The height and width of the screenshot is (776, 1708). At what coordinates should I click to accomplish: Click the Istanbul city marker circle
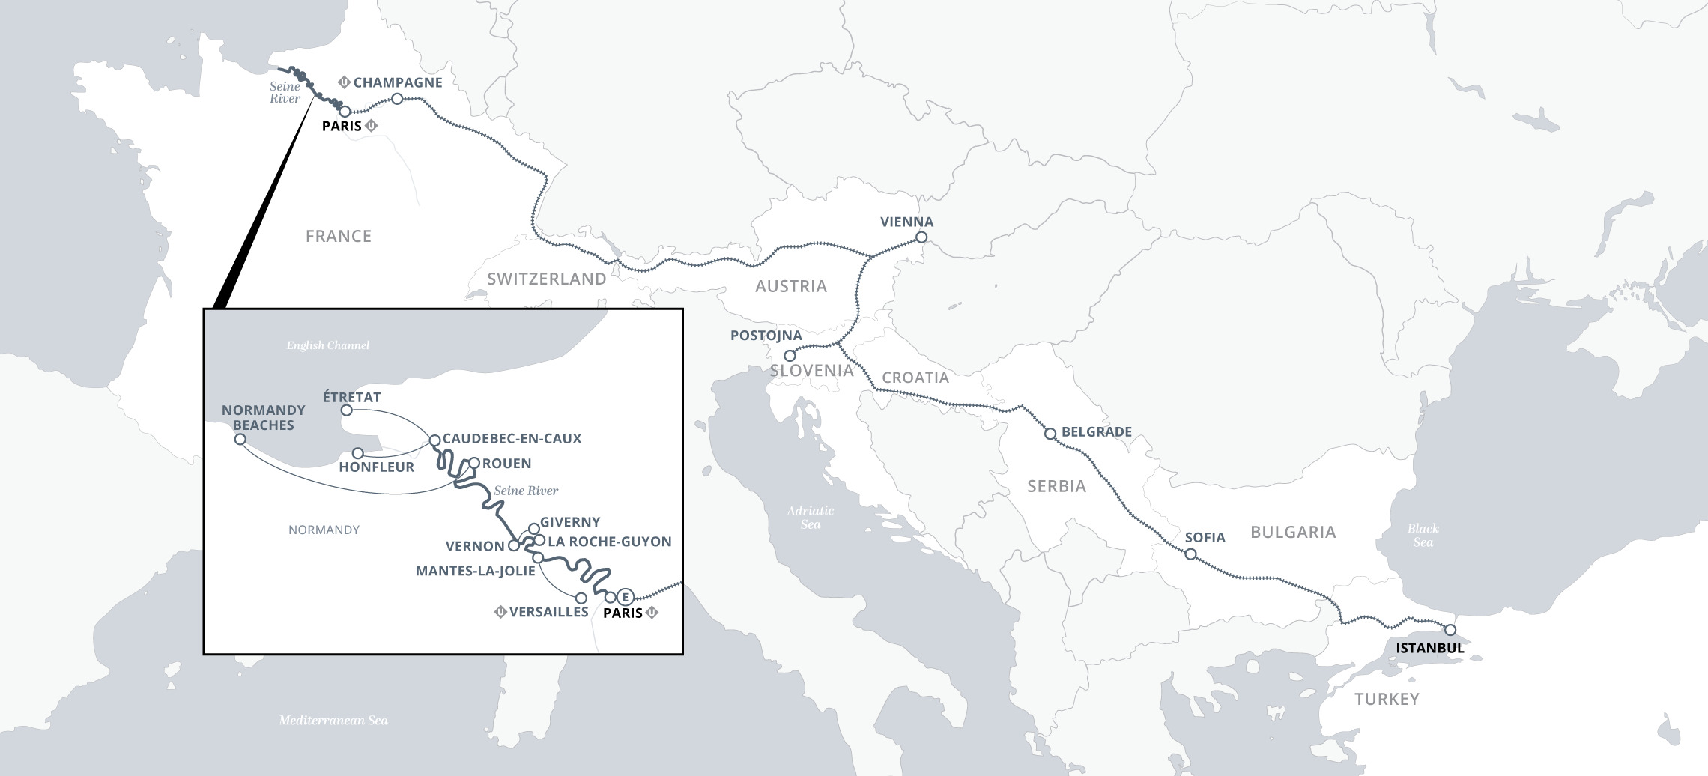click(x=1450, y=630)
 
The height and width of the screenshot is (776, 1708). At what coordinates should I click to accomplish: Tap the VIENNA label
click(x=906, y=222)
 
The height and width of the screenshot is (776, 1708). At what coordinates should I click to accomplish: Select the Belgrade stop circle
click(x=1050, y=434)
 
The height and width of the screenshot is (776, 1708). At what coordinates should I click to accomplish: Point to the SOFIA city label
click(x=1205, y=537)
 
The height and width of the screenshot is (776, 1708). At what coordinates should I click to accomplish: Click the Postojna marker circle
click(x=790, y=356)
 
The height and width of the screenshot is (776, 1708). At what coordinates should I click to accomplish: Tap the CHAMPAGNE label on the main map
click(x=398, y=82)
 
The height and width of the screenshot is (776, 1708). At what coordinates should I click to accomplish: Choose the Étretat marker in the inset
click(x=346, y=410)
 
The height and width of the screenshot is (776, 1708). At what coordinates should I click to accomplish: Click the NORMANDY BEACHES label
click(x=264, y=417)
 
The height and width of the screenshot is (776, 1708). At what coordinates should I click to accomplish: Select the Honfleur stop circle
click(x=358, y=453)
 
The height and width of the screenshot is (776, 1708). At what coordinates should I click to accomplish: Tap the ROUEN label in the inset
click(x=506, y=464)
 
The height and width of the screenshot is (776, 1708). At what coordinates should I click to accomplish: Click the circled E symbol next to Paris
click(x=626, y=597)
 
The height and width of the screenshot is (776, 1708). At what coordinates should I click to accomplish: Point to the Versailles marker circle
click(x=581, y=598)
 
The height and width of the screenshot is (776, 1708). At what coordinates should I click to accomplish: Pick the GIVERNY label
click(x=569, y=522)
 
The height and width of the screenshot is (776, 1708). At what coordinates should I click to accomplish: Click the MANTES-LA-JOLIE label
click(x=475, y=571)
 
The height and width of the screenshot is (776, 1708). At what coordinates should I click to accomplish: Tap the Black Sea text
click(x=1423, y=535)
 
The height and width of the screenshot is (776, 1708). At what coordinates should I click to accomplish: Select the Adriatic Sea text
click(x=810, y=517)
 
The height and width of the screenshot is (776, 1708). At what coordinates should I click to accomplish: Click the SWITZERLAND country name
click(x=546, y=279)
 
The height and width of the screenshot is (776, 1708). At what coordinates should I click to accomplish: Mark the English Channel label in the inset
click(x=328, y=345)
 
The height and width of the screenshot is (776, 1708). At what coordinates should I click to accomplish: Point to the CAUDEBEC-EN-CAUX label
click(x=512, y=439)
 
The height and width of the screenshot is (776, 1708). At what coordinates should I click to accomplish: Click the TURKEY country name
click(x=1386, y=699)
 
